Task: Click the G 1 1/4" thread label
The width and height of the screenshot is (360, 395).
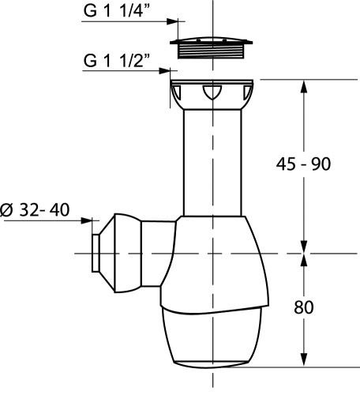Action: click(117, 11)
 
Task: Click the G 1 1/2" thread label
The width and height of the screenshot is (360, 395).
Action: click(117, 61)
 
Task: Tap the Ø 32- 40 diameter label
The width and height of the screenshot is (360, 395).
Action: click(35, 210)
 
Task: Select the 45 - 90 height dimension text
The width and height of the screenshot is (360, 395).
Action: click(303, 164)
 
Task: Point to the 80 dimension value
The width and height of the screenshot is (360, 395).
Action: click(304, 307)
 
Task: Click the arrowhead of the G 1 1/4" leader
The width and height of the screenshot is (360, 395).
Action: click(172, 21)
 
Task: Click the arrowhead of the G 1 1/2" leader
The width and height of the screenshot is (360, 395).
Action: click(165, 70)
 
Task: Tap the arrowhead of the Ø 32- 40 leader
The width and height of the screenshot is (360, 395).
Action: click(87, 220)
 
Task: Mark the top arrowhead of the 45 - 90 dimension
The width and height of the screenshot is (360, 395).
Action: click(304, 86)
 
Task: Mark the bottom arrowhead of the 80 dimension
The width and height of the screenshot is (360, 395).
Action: click(304, 359)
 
